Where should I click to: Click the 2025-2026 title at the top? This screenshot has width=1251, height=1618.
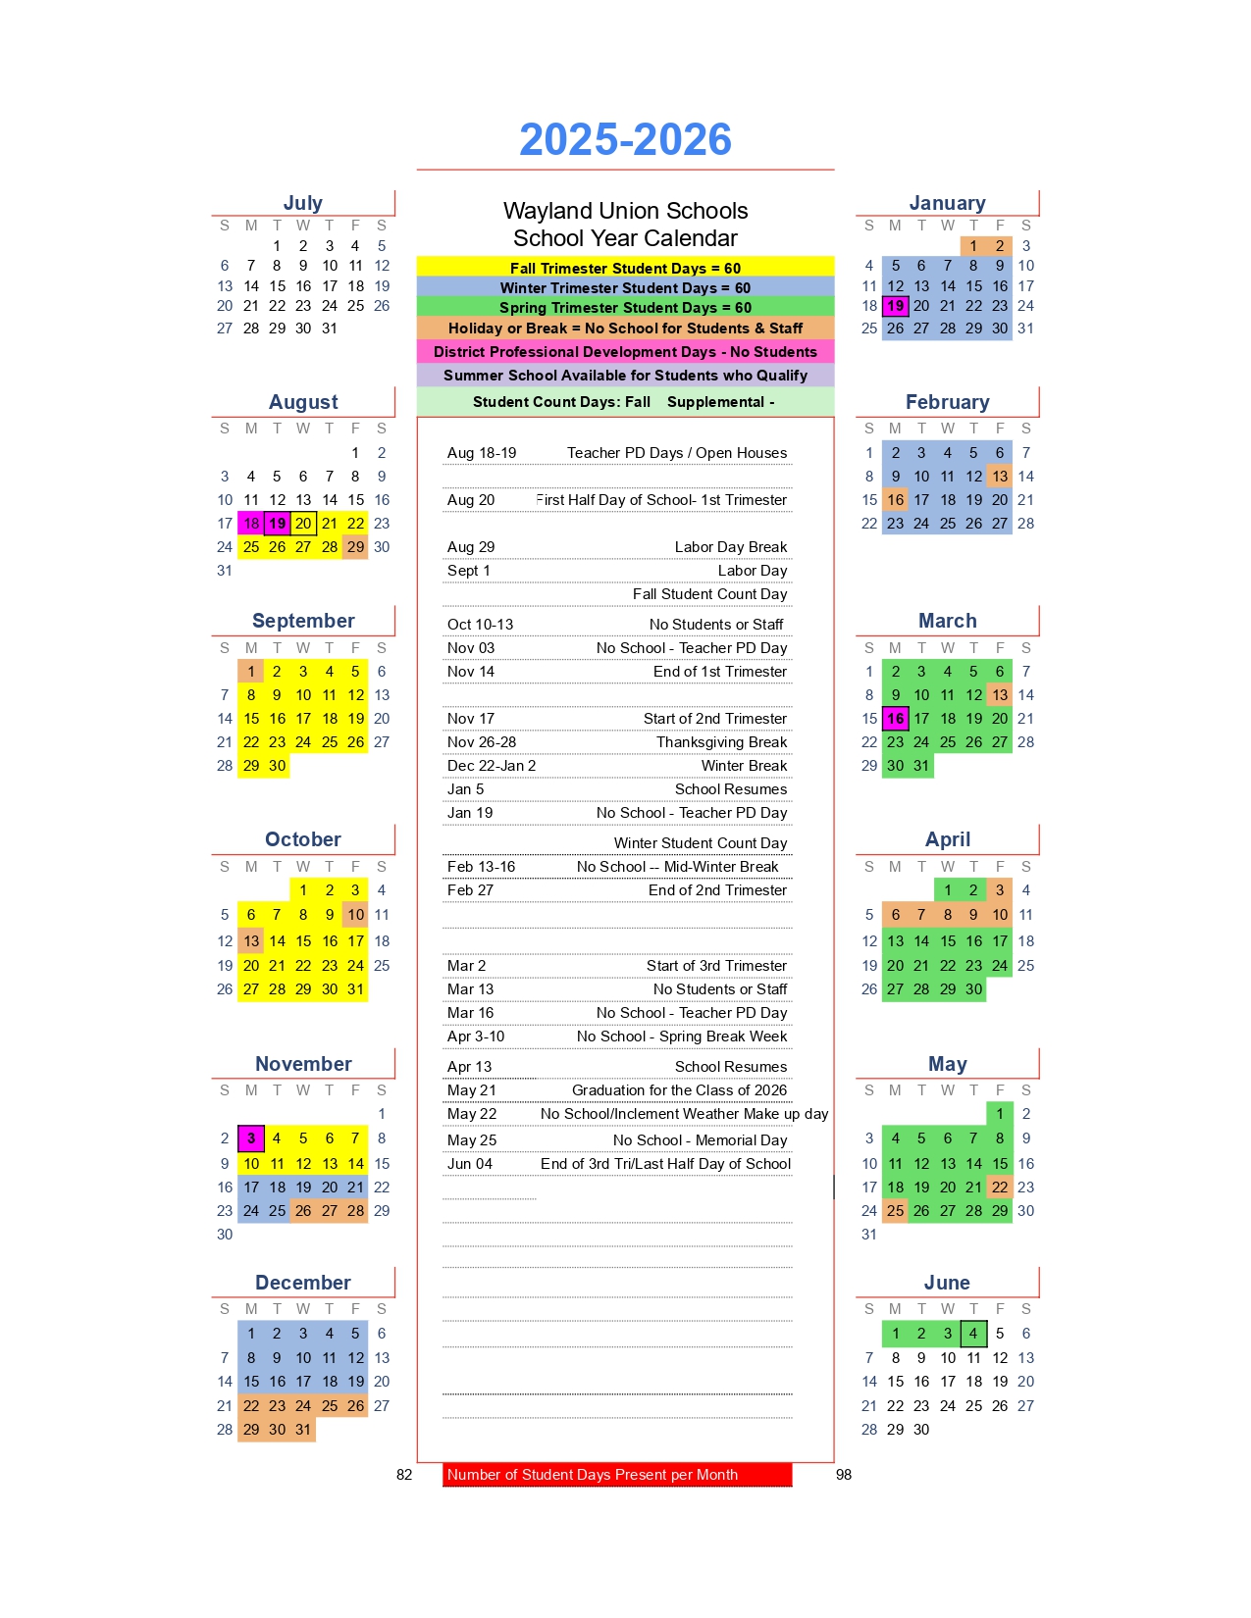point(625,139)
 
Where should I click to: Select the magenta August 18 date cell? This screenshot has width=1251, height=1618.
point(251,524)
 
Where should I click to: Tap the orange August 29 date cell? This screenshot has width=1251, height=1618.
point(355,547)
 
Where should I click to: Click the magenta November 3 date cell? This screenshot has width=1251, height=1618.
point(251,1138)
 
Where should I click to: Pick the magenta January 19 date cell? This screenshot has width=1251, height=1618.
point(895,306)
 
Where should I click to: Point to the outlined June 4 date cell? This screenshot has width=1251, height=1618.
point(973,1334)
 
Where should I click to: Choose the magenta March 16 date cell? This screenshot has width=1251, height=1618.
point(895,719)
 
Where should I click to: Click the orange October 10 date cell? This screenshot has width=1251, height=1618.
point(355,915)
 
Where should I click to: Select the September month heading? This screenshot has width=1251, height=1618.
point(303,621)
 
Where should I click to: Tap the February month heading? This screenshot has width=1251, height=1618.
point(947,402)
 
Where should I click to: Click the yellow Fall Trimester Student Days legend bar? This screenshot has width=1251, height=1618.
point(625,268)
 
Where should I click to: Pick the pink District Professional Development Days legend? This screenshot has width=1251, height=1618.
point(625,352)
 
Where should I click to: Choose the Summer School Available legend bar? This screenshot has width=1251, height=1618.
point(625,376)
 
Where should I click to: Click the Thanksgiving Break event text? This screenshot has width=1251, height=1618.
point(721,742)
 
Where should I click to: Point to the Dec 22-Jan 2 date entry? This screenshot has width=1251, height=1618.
point(492,766)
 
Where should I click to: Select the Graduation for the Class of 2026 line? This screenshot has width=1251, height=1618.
point(679,1090)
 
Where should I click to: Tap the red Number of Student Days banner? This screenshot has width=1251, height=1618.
point(616,1475)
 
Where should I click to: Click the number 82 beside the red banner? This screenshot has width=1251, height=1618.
point(404,1475)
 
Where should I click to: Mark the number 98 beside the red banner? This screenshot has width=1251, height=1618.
point(844,1475)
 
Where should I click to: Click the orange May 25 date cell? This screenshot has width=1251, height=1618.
point(895,1211)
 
